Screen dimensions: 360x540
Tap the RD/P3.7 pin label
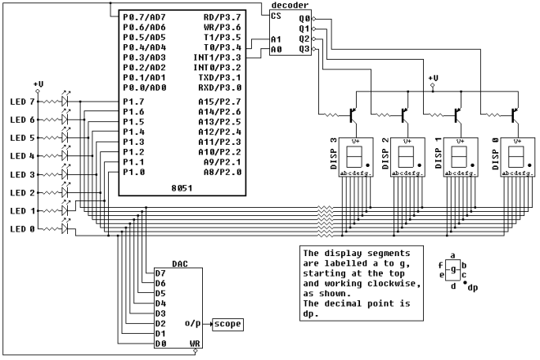(x=223, y=16)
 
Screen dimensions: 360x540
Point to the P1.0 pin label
(x=133, y=173)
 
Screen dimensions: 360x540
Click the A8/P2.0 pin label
(x=223, y=173)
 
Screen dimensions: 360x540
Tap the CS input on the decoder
(x=278, y=16)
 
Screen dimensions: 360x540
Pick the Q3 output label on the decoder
(x=305, y=49)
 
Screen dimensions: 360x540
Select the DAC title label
(x=180, y=264)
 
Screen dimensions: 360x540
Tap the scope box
(x=227, y=324)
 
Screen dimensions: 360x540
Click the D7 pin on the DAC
(x=160, y=273)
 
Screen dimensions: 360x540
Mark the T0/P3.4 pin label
(x=223, y=47)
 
